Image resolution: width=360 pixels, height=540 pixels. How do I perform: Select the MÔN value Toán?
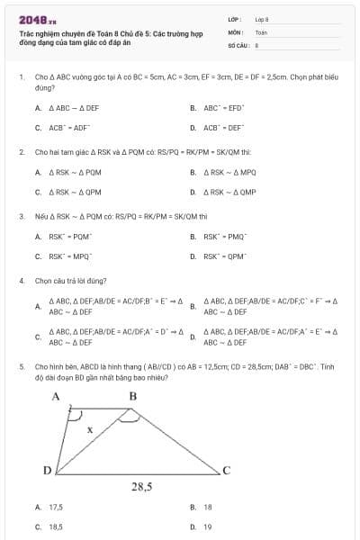click(261, 31)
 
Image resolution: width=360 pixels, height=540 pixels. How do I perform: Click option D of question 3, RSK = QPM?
click(224, 256)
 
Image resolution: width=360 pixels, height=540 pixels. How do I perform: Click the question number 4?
click(21, 281)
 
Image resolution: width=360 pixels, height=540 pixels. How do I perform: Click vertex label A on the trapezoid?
click(55, 396)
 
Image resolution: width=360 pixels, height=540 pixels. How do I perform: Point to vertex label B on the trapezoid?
click(133, 396)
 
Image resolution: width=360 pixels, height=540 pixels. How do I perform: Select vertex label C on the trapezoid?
click(227, 470)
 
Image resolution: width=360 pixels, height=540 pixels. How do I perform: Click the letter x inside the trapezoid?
click(88, 429)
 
